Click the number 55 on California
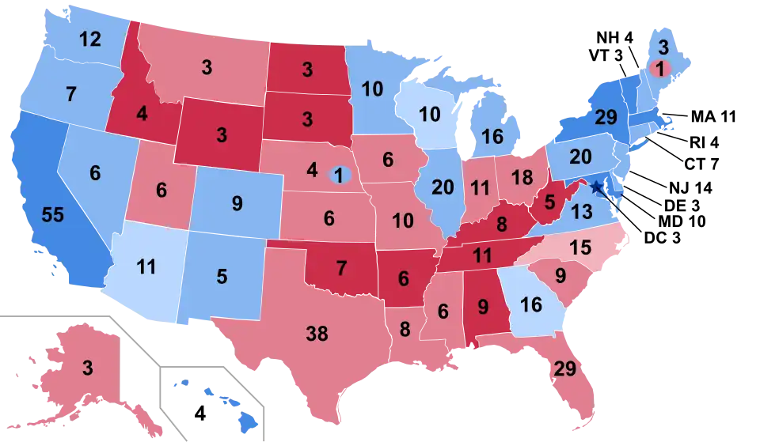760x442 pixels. coord(52,216)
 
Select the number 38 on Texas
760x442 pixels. coord(316,334)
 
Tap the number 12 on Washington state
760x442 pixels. coord(90,38)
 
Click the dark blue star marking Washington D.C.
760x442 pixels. coord(596,187)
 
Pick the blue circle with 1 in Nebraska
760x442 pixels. coord(340,175)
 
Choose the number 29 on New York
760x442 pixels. coord(606,118)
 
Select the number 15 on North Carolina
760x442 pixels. coord(580,247)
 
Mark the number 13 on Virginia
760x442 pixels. coord(581,211)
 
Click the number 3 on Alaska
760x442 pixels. coord(87,368)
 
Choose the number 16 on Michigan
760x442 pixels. coord(492,137)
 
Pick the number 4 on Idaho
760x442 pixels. coord(141,114)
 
